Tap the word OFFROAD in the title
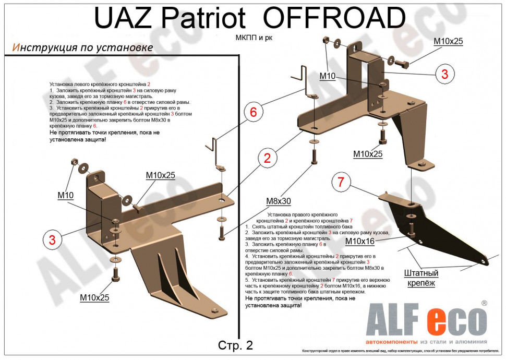[x=334, y=19]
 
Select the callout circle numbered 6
[x=254, y=112]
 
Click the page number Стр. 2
[x=235, y=345]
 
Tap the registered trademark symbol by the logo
[x=484, y=303]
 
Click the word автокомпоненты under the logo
[x=392, y=342]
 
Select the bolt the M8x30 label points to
[x=314, y=156]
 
